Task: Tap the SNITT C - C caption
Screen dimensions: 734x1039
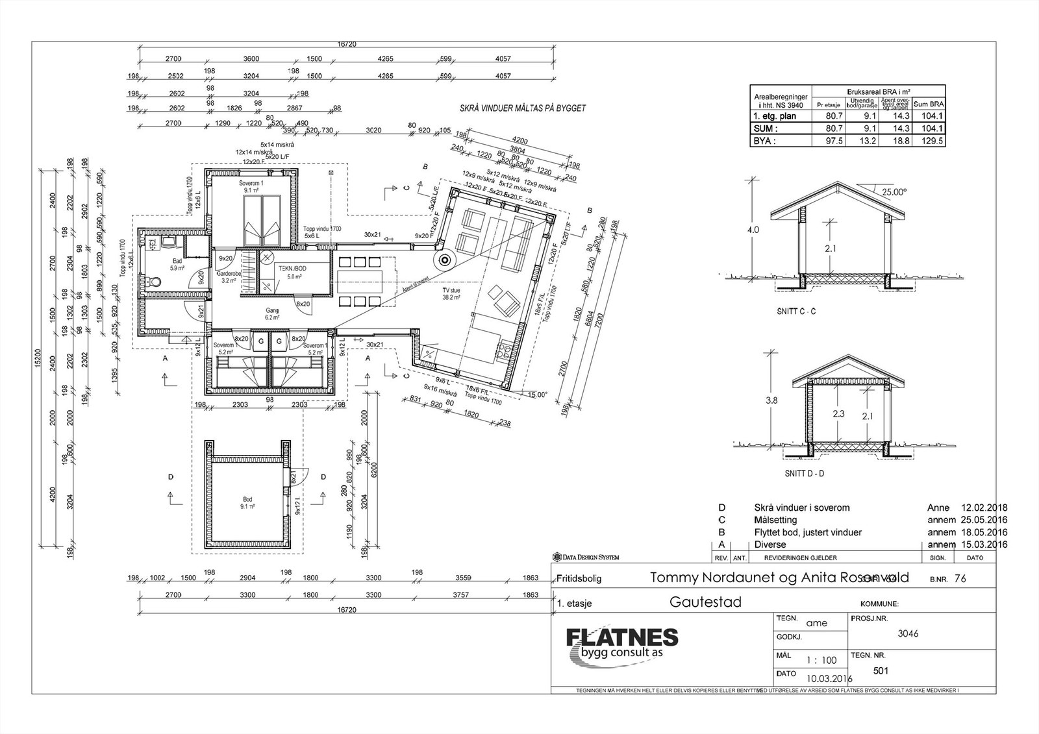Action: pyautogui.click(x=796, y=312)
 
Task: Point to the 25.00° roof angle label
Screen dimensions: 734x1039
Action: pyautogui.click(x=894, y=192)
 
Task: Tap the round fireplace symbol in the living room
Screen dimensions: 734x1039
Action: pyautogui.click(x=445, y=260)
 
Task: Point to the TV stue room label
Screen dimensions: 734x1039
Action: pyautogui.click(x=451, y=293)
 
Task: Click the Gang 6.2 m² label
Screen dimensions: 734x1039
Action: pyautogui.click(x=272, y=314)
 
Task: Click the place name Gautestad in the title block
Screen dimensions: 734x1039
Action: pyautogui.click(x=705, y=602)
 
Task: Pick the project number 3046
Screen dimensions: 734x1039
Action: pyautogui.click(x=908, y=634)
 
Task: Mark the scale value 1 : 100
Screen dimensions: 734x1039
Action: pyautogui.click(x=821, y=660)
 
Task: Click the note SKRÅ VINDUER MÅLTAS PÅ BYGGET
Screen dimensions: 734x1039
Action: pyautogui.click(x=522, y=108)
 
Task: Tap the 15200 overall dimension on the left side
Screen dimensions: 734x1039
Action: pyautogui.click(x=38, y=361)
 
